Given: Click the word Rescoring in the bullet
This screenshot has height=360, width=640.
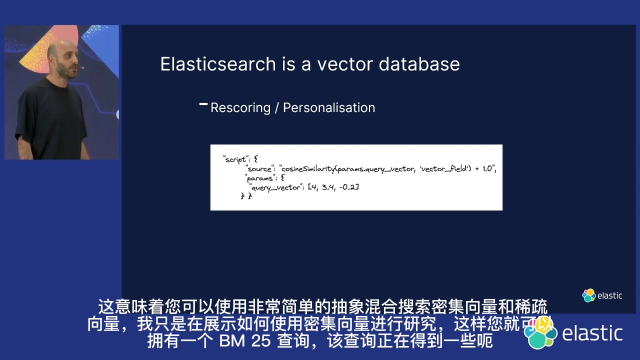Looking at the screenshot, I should [240, 108].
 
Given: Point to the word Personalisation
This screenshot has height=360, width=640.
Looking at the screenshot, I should [329, 108].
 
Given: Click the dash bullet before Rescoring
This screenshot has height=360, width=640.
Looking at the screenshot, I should [203, 104].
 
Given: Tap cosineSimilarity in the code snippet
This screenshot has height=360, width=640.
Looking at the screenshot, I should [308, 169].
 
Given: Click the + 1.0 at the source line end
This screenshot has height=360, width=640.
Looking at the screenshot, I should [484, 169].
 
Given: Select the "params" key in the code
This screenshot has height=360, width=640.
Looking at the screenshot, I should [260, 178].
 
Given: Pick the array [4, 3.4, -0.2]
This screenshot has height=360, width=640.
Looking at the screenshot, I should [333, 187].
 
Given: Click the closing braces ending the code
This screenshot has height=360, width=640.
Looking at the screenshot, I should [246, 196].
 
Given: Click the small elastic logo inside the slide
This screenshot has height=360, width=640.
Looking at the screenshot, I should [602, 295].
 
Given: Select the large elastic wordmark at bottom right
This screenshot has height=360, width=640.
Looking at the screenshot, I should [592, 333].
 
